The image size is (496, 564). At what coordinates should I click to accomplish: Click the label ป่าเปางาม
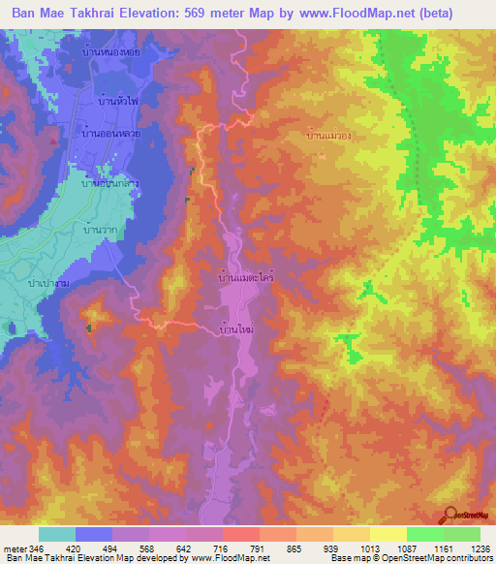[48, 281]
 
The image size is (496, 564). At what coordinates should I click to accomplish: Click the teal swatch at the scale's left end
[57, 534]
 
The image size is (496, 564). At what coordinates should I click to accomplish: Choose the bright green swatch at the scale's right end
[462, 534]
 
